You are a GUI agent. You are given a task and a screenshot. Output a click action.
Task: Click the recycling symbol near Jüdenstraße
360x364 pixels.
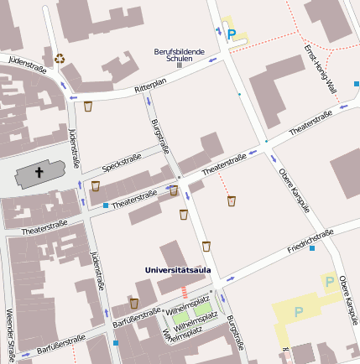pos(60,59)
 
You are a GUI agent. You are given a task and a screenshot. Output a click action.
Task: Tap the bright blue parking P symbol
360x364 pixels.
pos(232,35)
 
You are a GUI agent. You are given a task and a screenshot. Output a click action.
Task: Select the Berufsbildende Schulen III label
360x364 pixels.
pos(180,55)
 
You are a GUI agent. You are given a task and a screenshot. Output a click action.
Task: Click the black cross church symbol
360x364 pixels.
pos(39,174)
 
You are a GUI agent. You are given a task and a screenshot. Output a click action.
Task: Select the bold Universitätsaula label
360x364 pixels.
pos(178,271)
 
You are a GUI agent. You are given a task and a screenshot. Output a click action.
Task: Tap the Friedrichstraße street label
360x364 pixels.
pos(310,241)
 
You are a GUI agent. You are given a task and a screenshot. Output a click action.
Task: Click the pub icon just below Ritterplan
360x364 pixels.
pos(88,107)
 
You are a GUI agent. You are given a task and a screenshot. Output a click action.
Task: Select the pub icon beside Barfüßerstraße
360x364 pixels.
pos(133,303)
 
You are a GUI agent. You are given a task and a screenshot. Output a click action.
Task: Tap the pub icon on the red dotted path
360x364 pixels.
pos(232,200)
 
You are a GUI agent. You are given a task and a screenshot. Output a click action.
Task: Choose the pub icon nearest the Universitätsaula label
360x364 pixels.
pos(206,247)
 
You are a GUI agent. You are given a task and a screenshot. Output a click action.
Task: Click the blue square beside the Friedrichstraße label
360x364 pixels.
pos(313,248)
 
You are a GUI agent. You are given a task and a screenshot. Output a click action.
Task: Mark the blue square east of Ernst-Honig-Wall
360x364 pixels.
pos(357,84)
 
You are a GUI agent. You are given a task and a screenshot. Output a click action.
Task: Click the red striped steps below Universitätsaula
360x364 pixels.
pos(185,292)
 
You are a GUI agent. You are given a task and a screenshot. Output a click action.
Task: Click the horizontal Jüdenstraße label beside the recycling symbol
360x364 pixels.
pos(26,62)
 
